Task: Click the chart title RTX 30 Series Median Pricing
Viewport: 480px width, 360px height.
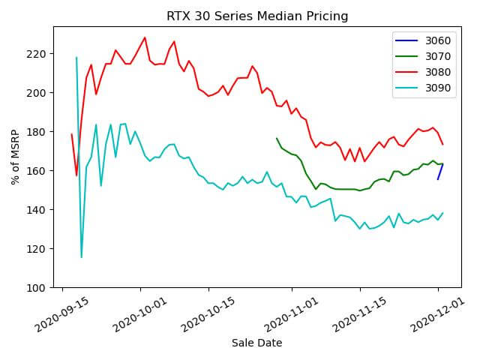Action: coord(257,16)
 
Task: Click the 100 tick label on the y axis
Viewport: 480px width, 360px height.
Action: coord(37,288)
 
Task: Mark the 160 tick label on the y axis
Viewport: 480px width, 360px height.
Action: coord(37,171)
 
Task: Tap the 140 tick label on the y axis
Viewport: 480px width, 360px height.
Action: coord(37,210)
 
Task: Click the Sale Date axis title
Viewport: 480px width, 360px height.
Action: coord(256,343)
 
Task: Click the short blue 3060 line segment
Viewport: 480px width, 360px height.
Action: coord(440,172)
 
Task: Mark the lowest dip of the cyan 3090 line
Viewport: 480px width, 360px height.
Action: coord(82,257)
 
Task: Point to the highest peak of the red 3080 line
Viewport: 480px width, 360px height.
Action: coord(145,37)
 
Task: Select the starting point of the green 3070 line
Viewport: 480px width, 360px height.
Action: coord(277,138)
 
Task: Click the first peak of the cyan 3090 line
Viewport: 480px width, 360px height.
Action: coord(76,58)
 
